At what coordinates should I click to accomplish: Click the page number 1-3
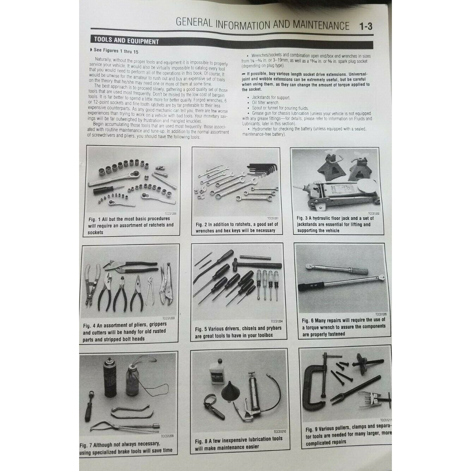[x=365, y=27]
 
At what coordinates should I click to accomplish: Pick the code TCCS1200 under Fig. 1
[x=172, y=214]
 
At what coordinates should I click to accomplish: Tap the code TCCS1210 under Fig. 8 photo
[x=279, y=431]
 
